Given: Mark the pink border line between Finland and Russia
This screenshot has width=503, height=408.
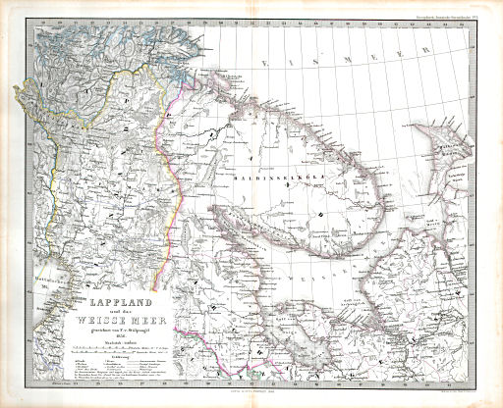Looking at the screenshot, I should tap(176, 167).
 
